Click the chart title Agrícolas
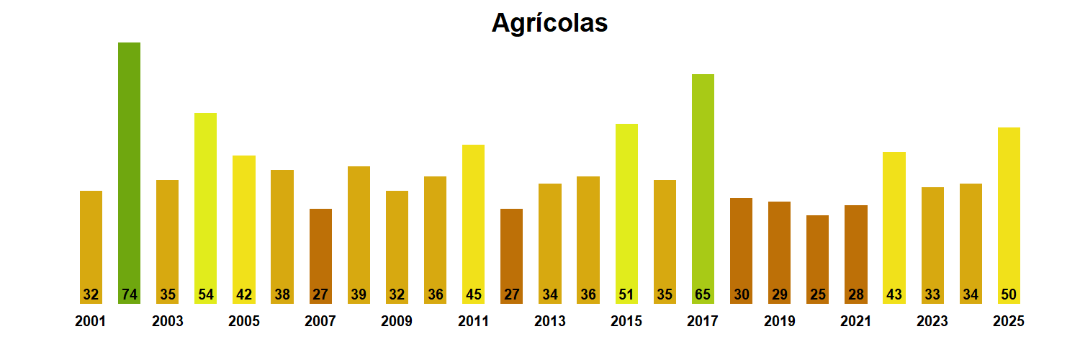[549, 23]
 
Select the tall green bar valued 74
[130, 166]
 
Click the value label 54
[206, 294]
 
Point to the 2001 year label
[91, 321]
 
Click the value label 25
[817, 294]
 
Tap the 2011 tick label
[473, 321]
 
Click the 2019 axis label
[780, 321]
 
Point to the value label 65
[703, 294]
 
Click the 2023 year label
[932, 321]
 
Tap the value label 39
[359, 294]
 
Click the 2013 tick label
[550, 321]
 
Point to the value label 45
[473, 294]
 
